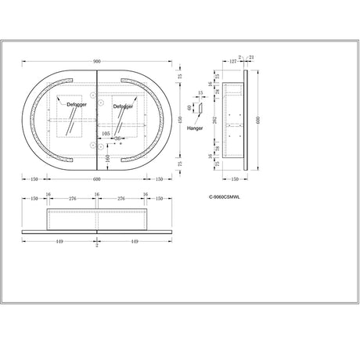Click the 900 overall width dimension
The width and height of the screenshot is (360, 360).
click(x=97, y=60)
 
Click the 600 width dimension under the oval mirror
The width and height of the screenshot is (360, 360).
click(x=97, y=178)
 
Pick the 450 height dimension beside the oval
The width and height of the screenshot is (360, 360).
click(x=182, y=119)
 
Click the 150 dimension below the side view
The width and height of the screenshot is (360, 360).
click(x=234, y=178)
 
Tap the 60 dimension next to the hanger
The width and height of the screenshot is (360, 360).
click(x=189, y=108)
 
